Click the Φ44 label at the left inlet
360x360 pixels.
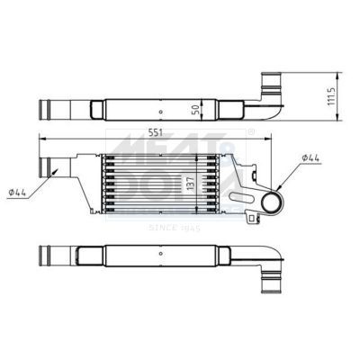[x=19, y=190]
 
